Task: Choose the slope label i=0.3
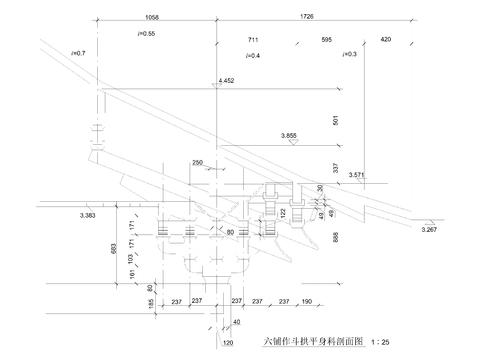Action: (348, 54)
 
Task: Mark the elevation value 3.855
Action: (290, 135)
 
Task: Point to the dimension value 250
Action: (198, 162)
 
